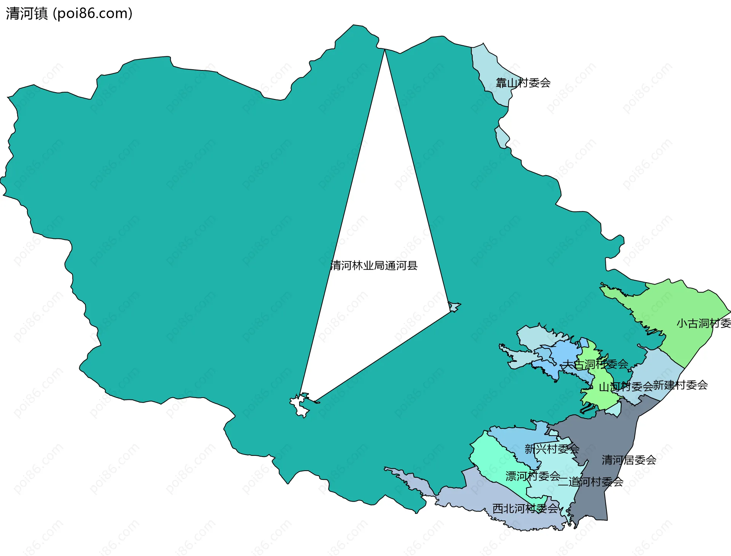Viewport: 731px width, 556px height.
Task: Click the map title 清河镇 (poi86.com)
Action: click(x=69, y=14)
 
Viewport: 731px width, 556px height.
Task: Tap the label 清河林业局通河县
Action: click(x=374, y=265)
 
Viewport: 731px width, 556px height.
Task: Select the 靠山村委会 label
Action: click(x=523, y=83)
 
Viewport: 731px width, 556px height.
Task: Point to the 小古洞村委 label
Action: click(x=704, y=323)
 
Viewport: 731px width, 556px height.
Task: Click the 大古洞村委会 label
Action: click(x=595, y=364)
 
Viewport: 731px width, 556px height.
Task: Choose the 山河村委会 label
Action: click(x=626, y=387)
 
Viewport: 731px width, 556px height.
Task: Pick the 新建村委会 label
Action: click(x=680, y=385)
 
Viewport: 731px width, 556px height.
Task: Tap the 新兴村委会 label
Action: click(x=552, y=449)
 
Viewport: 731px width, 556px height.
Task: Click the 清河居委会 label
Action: click(x=629, y=460)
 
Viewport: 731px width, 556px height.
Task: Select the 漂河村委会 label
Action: click(x=533, y=476)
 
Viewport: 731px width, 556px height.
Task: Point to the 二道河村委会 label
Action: click(x=591, y=482)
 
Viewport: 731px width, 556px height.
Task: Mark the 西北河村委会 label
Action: click(x=525, y=508)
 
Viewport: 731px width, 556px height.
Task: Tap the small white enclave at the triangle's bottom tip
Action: click(x=299, y=406)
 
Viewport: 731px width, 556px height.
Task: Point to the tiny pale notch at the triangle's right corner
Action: click(x=454, y=307)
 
